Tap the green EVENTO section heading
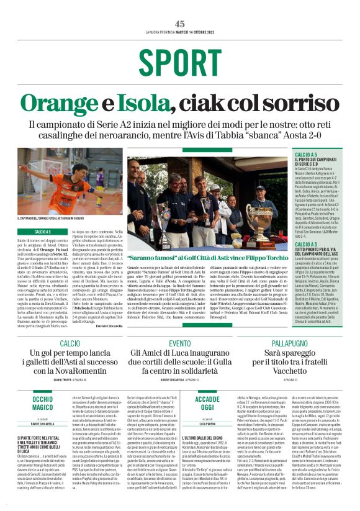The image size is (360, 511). (179, 343)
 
